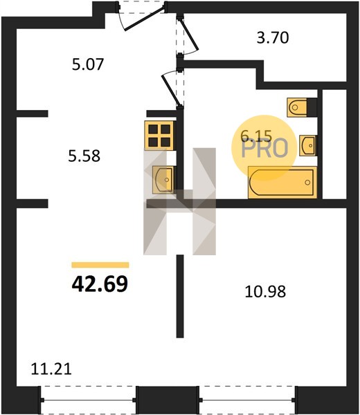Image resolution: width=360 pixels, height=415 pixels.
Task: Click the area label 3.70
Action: (273, 37)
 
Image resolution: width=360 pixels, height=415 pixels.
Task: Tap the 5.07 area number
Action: (88, 64)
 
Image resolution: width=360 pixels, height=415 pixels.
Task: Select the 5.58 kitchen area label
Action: (84, 156)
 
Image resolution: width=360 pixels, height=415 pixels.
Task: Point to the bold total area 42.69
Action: (100, 284)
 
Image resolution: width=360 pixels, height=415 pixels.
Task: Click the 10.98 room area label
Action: (265, 292)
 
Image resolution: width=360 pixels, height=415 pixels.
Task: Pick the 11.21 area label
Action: (51, 369)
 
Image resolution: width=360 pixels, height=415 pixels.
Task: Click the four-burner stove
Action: (159, 136)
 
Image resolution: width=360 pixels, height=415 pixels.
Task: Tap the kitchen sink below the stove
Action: (163, 180)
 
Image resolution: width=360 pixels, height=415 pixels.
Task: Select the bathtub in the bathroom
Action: (282, 183)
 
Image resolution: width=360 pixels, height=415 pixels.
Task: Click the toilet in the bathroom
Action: (302, 107)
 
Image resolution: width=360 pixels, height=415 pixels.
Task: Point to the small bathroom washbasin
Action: (308, 145)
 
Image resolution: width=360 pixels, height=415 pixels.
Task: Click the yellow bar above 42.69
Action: (100, 265)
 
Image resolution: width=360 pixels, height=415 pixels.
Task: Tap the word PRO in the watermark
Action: (264, 149)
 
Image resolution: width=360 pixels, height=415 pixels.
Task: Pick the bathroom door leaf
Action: (172, 90)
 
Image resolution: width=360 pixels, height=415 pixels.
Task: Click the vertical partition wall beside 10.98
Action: (180, 296)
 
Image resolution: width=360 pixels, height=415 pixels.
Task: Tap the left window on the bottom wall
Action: (88, 400)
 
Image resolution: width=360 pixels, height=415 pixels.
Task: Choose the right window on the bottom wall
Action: (247, 400)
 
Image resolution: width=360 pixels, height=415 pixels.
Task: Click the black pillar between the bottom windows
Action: (168, 400)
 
